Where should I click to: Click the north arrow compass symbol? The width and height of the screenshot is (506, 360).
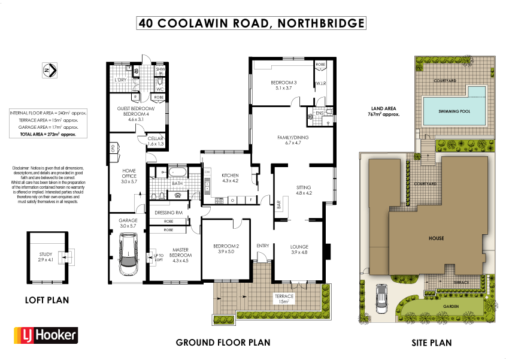coord(49,70)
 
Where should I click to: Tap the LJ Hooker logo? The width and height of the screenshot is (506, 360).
coord(45,334)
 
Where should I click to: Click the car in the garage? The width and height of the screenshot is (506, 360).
coord(129,253)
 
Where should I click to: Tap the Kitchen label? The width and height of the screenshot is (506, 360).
coord(231,177)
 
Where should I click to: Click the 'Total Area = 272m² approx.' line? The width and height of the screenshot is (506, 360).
coord(43,135)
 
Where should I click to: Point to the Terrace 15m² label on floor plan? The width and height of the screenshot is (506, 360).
coord(284,299)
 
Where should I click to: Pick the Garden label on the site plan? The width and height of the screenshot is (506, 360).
coord(450,306)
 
